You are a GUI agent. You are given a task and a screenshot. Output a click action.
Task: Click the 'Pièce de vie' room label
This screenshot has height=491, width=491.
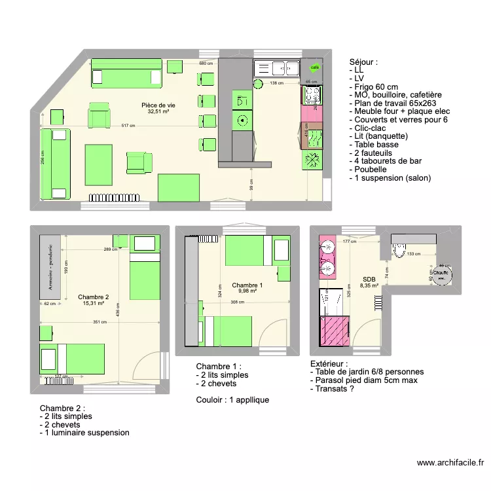tap(158, 105)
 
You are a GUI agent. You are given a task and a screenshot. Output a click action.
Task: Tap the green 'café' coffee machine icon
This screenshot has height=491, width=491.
tap(314, 67)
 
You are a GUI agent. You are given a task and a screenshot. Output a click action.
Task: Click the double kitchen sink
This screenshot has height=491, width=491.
tap(278, 67)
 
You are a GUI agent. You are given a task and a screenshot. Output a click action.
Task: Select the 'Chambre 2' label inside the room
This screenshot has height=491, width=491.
tap(93, 297)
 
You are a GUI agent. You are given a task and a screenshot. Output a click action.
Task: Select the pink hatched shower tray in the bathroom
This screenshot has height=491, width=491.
tap(335, 331)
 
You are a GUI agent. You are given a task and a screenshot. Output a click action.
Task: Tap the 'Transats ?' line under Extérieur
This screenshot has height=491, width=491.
tap(338, 390)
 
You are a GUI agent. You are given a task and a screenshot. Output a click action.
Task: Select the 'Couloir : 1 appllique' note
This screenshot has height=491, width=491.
tap(232, 400)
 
